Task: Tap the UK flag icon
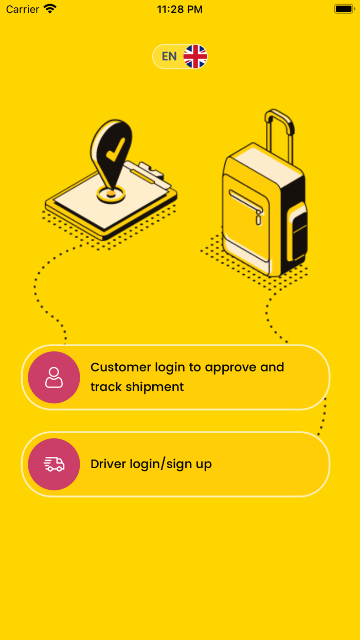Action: tap(195, 57)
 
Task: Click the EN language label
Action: tap(169, 57)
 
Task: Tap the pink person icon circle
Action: tap(54, 377)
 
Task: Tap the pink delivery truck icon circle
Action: tap(54, 464)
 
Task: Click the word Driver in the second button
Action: tap(108, 464)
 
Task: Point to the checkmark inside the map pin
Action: tap(115, 148)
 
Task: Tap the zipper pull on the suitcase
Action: tap(258, 218)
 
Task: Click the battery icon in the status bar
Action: tap(344, 9)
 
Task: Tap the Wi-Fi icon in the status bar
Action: tap(50, 9)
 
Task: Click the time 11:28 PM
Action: tap(179, 9)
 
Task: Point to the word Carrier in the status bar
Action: tap(23, 9)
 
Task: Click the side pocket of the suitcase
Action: tap(298, 232)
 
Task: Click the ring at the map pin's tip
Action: tap(111, 194)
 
